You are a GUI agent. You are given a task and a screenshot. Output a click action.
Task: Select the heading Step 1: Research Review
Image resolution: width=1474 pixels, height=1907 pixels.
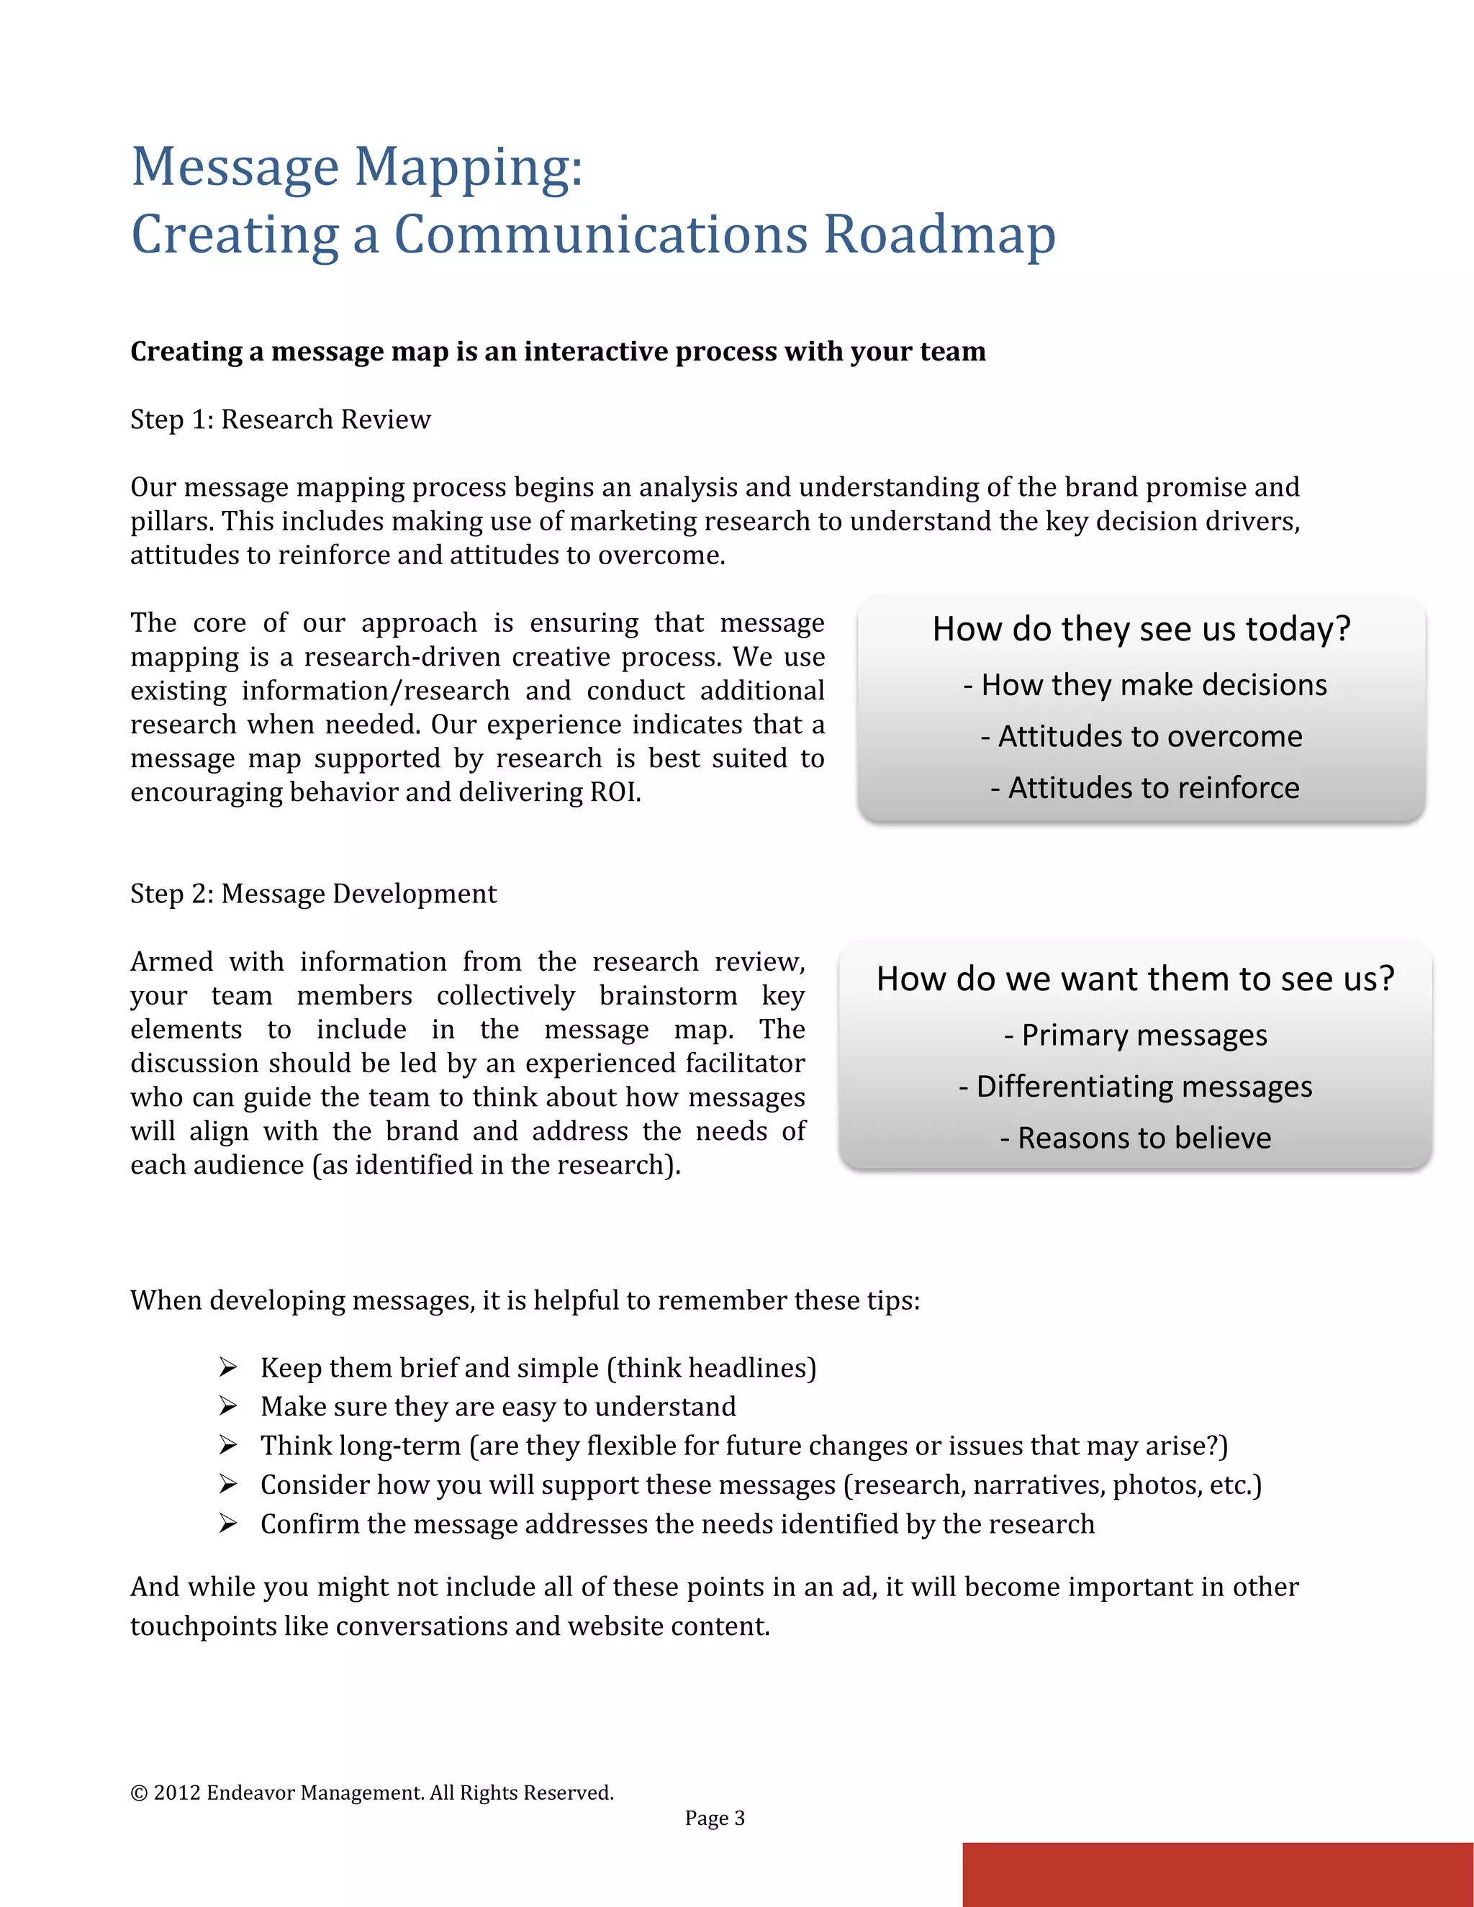point(280,420)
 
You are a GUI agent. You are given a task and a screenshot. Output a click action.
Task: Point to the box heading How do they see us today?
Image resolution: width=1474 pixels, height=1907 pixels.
point(1141,630)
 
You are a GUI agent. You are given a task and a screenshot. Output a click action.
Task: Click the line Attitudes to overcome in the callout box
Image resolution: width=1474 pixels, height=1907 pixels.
point(1141,737)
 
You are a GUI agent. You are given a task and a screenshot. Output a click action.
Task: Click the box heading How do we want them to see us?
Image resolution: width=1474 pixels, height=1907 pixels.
point(1135,979)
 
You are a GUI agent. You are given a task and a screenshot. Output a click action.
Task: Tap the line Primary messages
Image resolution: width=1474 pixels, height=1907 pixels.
point(1135,1036)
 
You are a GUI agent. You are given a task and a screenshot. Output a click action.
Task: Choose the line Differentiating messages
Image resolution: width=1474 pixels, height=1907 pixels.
point(1135,1087)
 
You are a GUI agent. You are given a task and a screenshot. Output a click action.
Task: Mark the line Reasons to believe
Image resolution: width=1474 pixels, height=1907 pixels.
point(1135,1138)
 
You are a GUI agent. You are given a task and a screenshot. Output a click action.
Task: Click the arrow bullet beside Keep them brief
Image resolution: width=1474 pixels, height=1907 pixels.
point(228,1367)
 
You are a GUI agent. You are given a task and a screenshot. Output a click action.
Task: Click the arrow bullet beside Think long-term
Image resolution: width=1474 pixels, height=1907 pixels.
point(228,1445)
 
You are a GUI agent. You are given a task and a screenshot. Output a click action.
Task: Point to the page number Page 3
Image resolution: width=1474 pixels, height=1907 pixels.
point(714,1818)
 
